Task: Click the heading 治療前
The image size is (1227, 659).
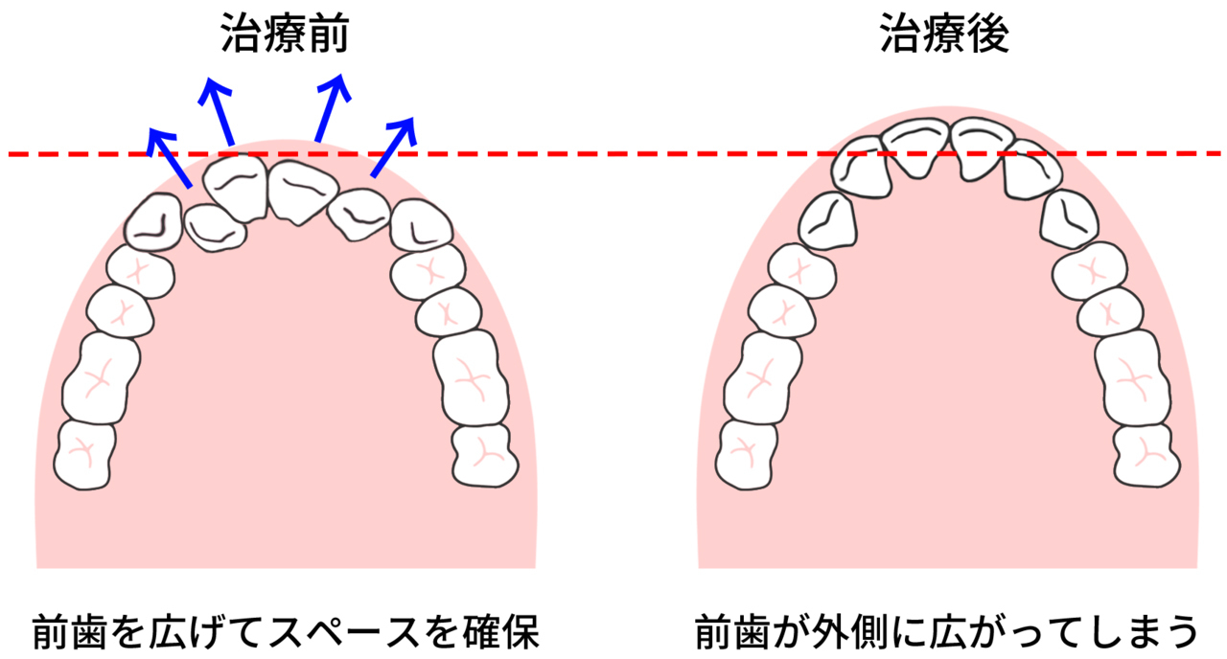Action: coord(285,34)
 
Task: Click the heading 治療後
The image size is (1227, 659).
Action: coord(944,34)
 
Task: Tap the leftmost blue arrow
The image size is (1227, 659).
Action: coord(169,158)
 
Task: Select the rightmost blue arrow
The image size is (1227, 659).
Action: coord(394,147)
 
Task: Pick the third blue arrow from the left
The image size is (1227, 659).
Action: coord(333,108)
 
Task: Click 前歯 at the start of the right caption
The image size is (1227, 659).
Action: coord(734,633)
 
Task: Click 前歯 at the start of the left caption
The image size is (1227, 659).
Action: coord(71,633)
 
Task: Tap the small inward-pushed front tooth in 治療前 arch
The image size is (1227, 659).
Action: coord(215,228)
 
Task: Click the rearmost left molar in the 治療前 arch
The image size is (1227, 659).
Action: coord(85,455)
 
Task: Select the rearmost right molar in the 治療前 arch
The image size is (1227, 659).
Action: coord(485,456)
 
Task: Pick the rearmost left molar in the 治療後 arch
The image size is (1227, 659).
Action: coord(747,455)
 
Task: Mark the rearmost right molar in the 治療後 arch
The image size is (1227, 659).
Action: coord(1147,456)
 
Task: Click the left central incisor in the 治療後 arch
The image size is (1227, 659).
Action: coord(915,148)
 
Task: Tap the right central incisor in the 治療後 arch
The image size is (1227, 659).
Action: coord(983,148)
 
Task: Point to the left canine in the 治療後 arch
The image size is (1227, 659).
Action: coord(827,221)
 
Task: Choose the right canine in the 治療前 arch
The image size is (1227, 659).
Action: coord(422,225)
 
